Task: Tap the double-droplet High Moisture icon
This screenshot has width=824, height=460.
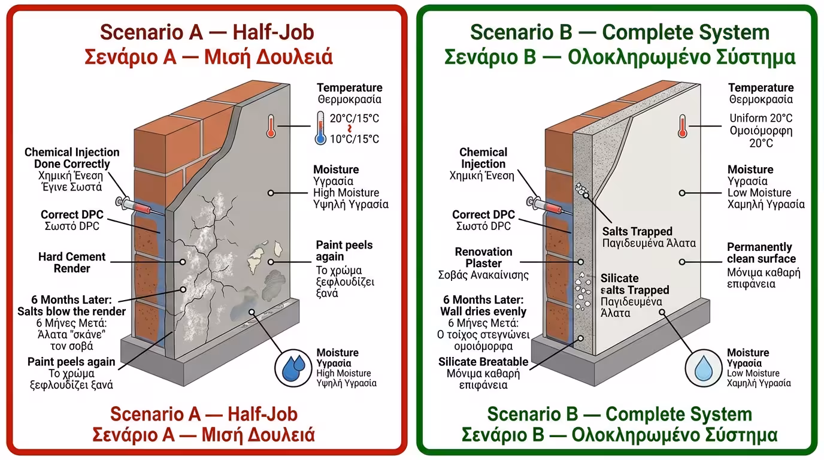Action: [x=293, y=368]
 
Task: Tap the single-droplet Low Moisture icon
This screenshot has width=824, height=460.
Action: [x=704, y=368]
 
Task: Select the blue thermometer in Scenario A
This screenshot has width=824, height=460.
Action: [x=320, y=128]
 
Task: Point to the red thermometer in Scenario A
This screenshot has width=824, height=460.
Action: [x=271, y=126]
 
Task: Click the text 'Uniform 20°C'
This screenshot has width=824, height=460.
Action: [x=761, y=119]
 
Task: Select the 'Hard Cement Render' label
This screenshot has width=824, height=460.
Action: [x=72, y=262]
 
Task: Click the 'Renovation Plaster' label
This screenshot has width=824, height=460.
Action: [x=483, y=258]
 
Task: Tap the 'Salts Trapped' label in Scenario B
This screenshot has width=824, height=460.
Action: [x=637, y=231]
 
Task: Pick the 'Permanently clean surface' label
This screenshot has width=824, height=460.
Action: [x=761, y=253]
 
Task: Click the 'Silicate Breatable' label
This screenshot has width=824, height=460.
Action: [x=483, y=362]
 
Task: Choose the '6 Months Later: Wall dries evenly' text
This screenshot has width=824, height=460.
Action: [x=483, y=305]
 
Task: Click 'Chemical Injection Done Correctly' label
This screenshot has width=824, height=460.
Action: [x=72, y=158]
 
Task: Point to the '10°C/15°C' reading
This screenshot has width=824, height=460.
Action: [x=354, y=140]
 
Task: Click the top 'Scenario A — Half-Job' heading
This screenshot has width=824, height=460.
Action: [x=207, y=32]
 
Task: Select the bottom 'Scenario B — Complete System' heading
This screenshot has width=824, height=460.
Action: [x=619, y=414]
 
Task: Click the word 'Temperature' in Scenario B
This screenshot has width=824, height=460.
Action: [x=761, y=88]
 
